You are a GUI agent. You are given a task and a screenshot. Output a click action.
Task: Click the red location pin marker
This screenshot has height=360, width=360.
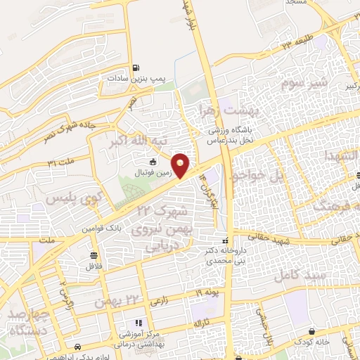click(x=181, y=165)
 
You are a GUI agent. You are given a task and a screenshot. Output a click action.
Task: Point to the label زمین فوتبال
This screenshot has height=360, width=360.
click(x=153, y=172)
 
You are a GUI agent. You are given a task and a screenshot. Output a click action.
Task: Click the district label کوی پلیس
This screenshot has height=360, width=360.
click(x=70, y=199)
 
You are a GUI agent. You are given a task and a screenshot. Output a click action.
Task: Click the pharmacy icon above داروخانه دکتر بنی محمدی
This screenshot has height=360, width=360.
click(x=226, y=240)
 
